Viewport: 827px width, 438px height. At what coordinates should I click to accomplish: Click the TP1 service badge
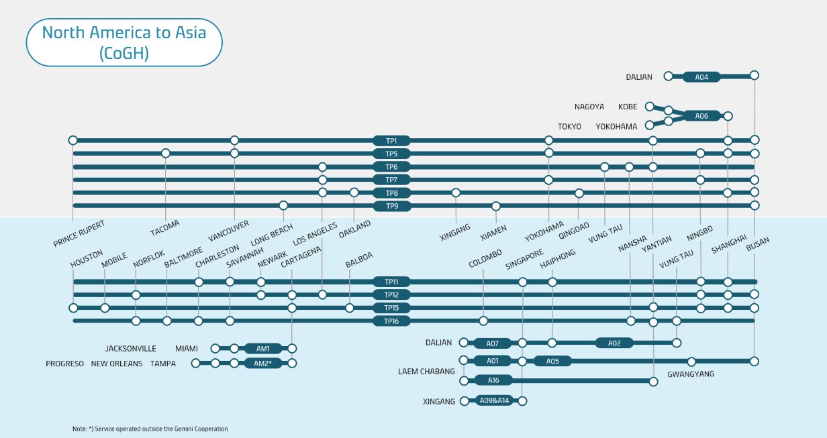coord(391,141)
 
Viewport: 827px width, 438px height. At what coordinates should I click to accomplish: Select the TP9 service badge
coord(391,206)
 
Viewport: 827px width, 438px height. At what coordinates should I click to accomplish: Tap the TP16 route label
coord(391,321)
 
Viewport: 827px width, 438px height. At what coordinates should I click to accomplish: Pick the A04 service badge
coord(701,77)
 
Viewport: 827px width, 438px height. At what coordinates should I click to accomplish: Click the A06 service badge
coord(701,116)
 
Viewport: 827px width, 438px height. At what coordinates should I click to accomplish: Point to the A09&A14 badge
coord(495,401)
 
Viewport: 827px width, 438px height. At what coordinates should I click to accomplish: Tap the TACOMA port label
coord(165,229)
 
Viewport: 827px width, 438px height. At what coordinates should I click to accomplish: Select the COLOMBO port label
coord(486,259)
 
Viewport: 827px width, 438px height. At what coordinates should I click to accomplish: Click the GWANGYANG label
coord(691,374)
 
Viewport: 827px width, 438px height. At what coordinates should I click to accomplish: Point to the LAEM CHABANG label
coord(426,371)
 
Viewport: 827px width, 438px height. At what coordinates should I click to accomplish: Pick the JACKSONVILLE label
coord(130,349)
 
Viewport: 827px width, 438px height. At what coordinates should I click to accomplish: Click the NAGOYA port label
coord(589,107)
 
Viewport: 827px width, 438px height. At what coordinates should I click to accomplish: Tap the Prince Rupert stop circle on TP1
coord(73,140)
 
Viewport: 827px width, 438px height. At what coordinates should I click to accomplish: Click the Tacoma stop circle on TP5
coord(166,154)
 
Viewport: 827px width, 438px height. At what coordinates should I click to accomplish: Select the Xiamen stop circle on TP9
coord(496,206)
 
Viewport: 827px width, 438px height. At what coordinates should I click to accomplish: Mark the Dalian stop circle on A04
coord(668,76)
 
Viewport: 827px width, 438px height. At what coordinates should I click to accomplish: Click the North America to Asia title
coord(124,42)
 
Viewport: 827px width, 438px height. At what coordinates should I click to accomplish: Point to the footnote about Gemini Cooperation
coord(150,429)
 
